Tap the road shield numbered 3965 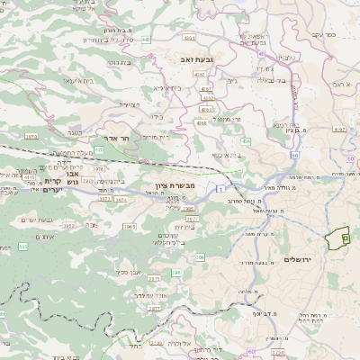click(130, 228)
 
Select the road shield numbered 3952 click(67, 227)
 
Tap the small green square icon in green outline click(344, 236)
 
